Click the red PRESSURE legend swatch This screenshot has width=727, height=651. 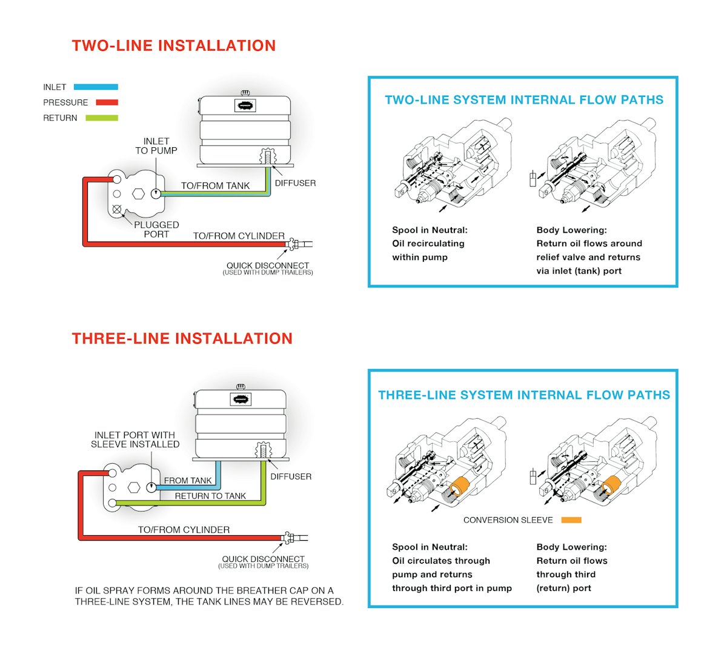coord(107,102)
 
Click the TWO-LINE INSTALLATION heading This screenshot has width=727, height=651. coord(174,46)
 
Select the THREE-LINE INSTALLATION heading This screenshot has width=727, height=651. coord(182,339)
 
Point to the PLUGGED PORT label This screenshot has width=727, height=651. coord(156,229)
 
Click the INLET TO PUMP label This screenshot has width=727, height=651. coord(156,146)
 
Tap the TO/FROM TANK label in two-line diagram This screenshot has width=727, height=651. coord(215,186)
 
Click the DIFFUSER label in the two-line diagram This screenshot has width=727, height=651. coord(295,183)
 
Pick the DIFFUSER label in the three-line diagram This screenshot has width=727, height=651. coord(291,476)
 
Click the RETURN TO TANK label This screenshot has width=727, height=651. coord(210,496)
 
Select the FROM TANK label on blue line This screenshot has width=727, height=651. coord(188,481)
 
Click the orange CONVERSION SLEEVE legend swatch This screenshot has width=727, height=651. coord(571,520)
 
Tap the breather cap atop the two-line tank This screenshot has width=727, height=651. coord(245,93)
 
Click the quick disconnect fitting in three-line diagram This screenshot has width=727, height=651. coord(290,538)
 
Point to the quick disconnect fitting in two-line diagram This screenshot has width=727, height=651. coord(294,244)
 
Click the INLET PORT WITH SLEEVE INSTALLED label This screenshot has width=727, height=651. coord(135,439)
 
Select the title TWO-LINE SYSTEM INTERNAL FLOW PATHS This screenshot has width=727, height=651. coord(524,100)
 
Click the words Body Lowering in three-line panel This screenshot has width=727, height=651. coord(571,547)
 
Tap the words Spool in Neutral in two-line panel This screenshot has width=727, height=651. coord(430,230)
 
